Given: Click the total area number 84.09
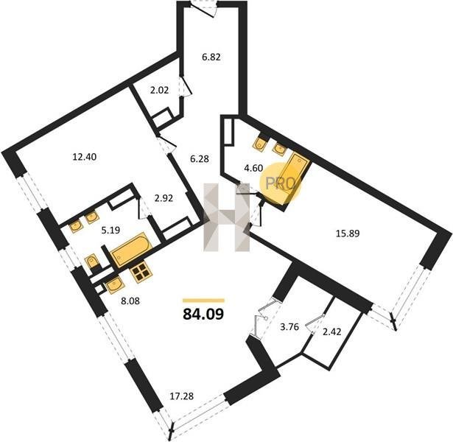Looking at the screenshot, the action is (x=203, y=314).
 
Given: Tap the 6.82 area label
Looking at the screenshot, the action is (x=211, y=57).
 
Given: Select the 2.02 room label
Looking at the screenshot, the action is (x=159, y=91).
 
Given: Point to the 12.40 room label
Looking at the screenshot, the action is (x=85, y=157).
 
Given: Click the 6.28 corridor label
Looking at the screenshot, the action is (x=200, y=158).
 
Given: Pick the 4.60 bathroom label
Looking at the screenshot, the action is (x=253, y=168).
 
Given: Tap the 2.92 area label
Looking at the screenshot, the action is (x=164, y=198).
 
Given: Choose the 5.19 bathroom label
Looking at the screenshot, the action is (x=110, y=231).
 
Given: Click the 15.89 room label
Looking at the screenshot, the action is (x=348, y=233).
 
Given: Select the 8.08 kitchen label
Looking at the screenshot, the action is (x=130, y=301).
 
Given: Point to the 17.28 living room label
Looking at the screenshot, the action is (x=181, y=396).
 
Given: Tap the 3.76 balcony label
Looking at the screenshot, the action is (x=289, y=327).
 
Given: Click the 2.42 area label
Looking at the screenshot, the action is (x=331, y=331).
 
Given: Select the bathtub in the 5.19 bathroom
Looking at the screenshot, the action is (x=132, y=250).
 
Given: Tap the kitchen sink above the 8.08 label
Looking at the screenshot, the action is (x=116, y=285).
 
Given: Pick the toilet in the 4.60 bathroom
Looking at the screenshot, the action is (x=261, y=143).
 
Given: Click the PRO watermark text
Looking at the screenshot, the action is (x=280, y=183).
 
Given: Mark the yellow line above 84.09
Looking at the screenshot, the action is (x=203, y=301).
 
